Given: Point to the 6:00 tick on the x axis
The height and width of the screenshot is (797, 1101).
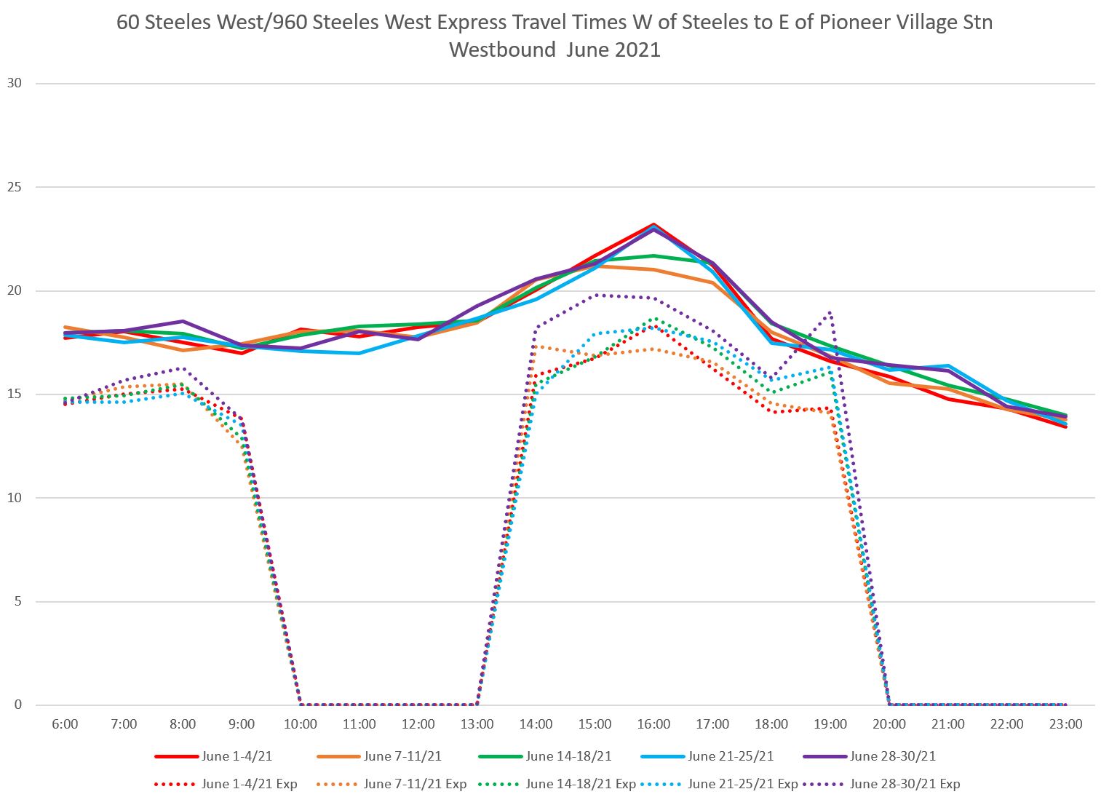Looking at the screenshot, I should [65, 724].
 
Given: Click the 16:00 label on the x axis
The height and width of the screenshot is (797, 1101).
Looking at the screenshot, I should [653, 724].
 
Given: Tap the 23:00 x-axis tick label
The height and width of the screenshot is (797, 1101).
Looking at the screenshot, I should [1066, 724].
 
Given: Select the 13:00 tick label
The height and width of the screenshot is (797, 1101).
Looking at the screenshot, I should [477, 724].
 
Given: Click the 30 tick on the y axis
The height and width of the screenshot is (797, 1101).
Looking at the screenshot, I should [15, 83].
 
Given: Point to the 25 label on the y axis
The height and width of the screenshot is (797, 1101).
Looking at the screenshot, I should [15, 187].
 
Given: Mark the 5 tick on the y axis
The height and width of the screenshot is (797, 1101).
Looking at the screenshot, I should [17, 602].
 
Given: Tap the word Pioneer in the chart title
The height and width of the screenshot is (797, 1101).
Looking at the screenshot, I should [856, 22].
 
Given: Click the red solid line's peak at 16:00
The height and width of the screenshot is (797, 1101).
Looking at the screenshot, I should [653, 224].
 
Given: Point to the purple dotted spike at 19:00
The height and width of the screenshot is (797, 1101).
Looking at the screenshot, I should [830, 312].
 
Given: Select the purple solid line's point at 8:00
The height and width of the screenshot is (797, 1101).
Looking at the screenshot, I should [183, 321].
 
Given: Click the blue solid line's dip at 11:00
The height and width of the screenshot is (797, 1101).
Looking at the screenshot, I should [359, 353].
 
